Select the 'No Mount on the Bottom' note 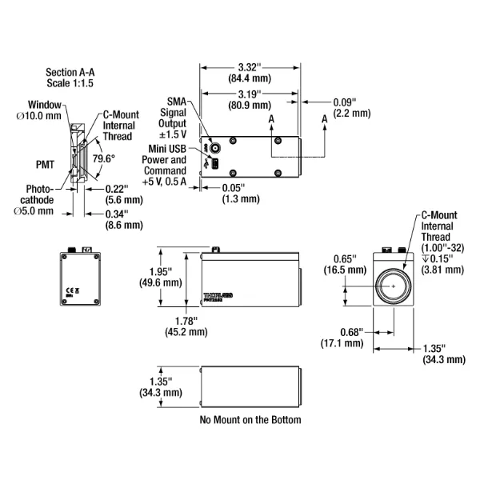[250, 419]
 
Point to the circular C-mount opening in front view [391, 286]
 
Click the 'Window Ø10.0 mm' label [44, 110]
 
